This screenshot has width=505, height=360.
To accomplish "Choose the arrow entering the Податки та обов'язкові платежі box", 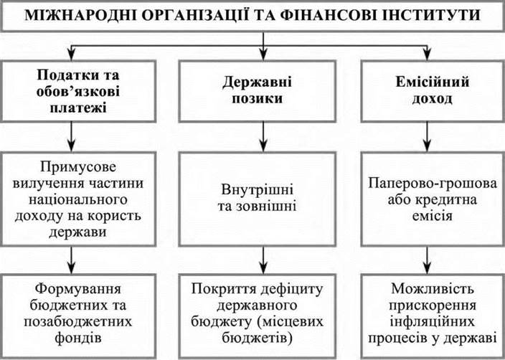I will click(x=70, y=49).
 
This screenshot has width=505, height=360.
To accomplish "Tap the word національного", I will click(x=70, y=200).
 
